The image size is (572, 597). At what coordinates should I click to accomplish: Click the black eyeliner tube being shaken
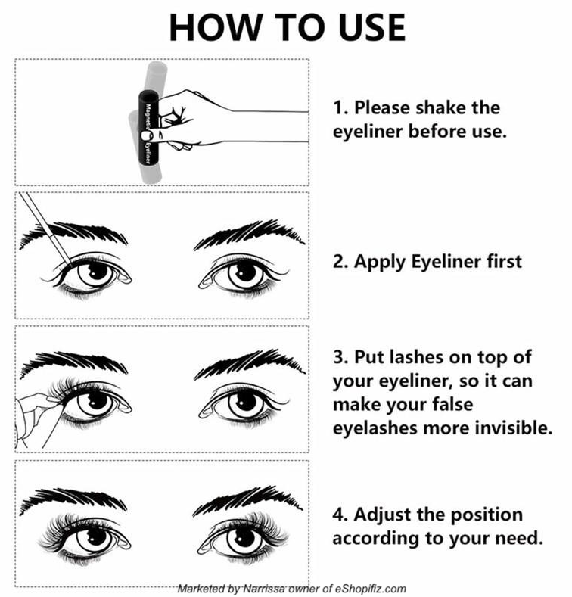pyautogui.click(x=148, y=128)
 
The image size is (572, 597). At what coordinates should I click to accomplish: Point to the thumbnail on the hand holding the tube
pyautogui.click(x=147, y=135)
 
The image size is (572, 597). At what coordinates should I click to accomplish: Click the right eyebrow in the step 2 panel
pyautogui.click(x=250, y=233)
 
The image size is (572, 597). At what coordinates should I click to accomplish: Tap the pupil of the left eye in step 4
pyautogui.click(x=96, y=537)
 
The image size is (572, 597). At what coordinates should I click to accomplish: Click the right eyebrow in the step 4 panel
pyautogui.click(x=247, y=501)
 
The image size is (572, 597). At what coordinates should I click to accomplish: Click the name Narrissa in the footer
pyautogui.click(x=263, y=589)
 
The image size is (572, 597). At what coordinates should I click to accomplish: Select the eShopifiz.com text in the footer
pyautogui.click(x=370, y=589)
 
